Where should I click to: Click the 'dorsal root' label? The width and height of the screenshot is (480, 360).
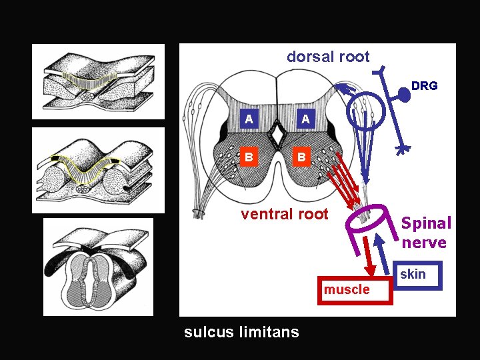(327, 57)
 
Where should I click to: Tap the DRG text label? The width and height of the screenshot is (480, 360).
(424, 86)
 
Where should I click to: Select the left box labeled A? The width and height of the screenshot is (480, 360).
(249, 119)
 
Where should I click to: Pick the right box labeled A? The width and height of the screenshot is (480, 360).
(305, 119)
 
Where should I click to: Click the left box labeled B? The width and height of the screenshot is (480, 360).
(249, 158)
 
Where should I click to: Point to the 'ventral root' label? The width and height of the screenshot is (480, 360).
(285, 214)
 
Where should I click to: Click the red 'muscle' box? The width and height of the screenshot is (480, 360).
(347, 289)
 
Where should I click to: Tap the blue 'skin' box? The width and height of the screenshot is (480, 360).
(413, 275)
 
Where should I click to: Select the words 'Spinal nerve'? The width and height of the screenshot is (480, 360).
(425, 233)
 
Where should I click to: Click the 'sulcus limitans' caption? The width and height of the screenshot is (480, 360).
(241, 331)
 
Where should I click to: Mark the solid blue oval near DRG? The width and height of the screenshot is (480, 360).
(405, 97)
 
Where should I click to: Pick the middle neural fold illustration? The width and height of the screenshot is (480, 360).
(98, 169)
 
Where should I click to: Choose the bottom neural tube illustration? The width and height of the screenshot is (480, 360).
(98, 267)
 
